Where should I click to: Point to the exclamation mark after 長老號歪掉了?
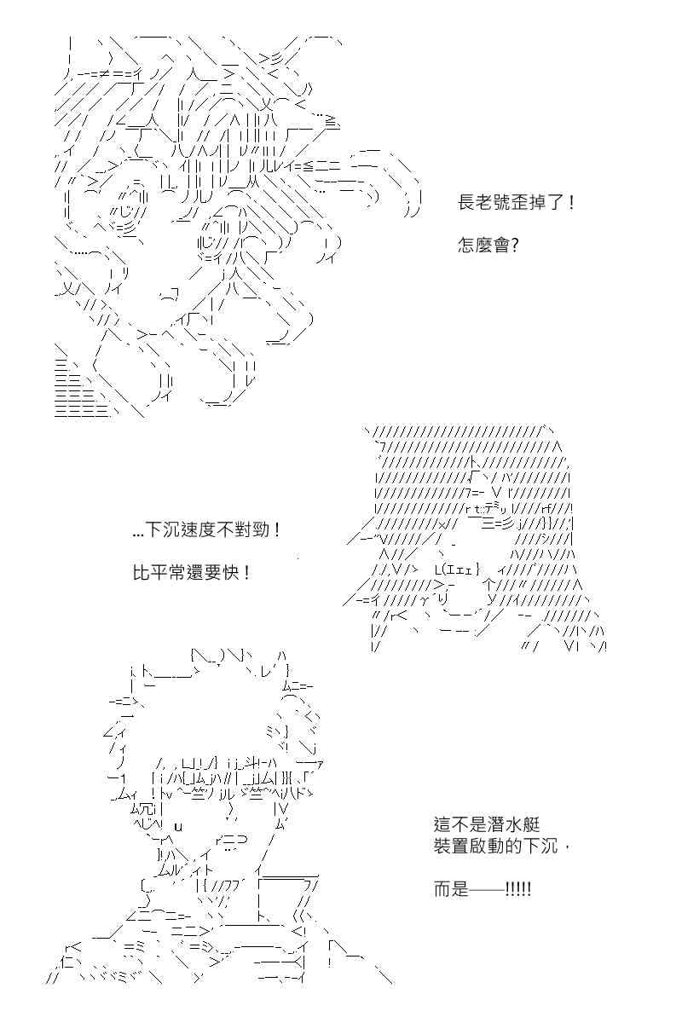[572, 202]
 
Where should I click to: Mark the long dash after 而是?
[487, 890]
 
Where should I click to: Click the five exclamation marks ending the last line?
[518, 889]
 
